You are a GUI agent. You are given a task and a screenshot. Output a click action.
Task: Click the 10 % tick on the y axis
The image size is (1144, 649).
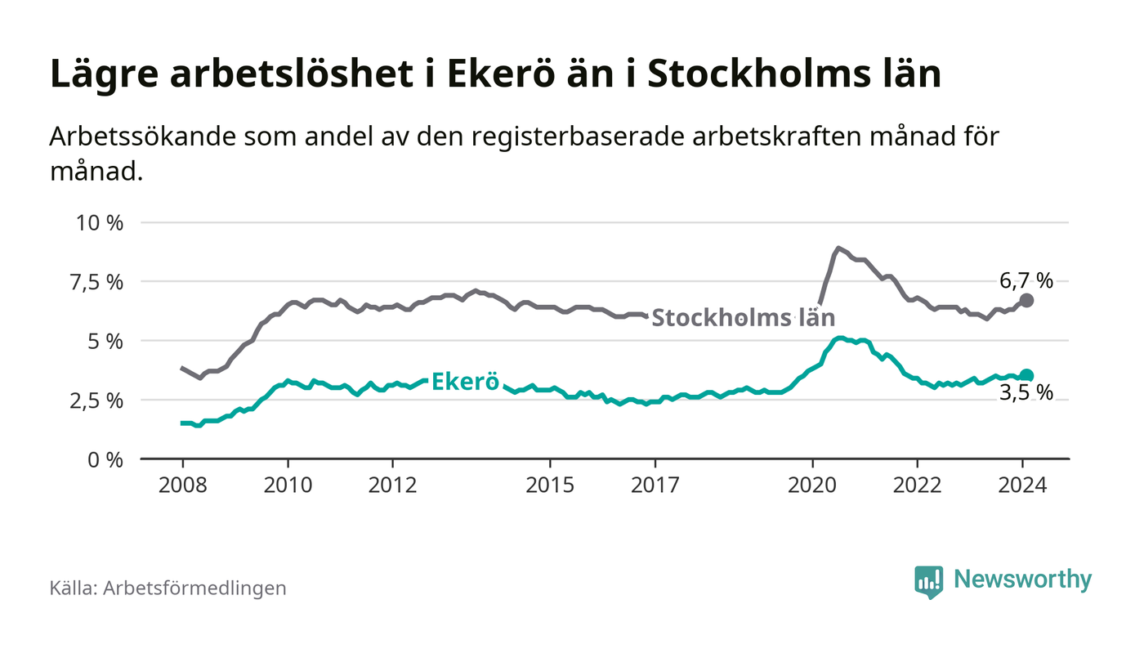tap(101, 222)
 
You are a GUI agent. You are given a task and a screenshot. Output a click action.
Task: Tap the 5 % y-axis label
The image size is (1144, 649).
tap(105, 341)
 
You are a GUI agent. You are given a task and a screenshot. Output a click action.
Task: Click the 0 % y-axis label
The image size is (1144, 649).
tap(105, 459)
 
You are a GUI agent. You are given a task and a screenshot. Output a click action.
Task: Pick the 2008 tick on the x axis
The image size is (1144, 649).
tap(182, 485)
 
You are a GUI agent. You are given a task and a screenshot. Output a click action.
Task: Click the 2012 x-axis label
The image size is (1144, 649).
tap(393, 485)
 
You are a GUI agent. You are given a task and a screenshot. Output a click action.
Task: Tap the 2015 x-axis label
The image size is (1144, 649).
tap(551, 485)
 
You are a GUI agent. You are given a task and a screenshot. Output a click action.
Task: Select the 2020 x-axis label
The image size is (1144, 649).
tap(813, 485)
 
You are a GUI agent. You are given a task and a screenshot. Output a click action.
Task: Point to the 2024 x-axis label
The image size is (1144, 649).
tap(1023, 485)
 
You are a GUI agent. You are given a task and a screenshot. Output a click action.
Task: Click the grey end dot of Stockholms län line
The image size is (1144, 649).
tap(1027, 300)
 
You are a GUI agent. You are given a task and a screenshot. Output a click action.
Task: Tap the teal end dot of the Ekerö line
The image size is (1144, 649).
tap(1027, 375)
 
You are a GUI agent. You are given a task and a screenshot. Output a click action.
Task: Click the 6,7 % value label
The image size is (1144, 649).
tap(1026, 280)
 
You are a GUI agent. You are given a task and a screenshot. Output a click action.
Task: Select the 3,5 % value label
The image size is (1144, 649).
tap(1026, 393)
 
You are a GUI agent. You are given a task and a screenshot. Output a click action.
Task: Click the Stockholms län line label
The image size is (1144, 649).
tap(744, 317)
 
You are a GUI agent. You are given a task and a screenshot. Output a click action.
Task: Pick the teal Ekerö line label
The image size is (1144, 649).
tap(465, 382)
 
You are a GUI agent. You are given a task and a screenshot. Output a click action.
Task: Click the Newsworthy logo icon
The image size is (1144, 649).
tap(928, 582)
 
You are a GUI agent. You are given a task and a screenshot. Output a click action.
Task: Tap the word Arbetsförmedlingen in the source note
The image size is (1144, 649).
tap(194, 588)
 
